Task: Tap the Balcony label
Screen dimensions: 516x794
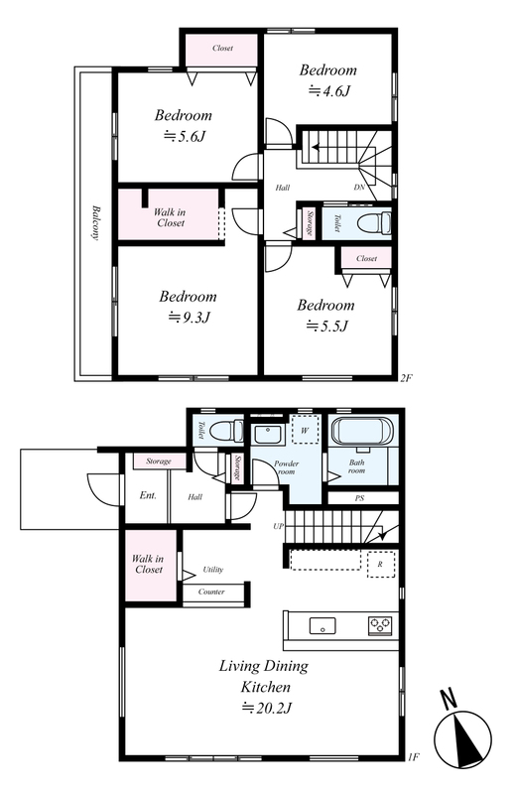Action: pyautogui.click(x=95, y=222)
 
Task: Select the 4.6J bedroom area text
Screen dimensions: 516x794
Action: pyautogui.click(x=329, y=91)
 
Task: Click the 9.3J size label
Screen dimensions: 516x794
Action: pyautogui.click(x=189, y=318)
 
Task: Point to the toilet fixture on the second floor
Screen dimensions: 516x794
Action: pyautogui.click(x=374, y=221)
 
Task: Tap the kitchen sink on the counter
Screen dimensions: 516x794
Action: pyautogui.click(x=322, y=625)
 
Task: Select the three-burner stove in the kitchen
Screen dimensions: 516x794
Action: pyautogui.click(x=380, y=625)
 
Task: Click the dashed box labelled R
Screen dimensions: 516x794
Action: pyautogui.click(x=380, y=564)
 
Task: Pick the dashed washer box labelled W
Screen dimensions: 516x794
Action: pyautogui.click(x=305, y=431)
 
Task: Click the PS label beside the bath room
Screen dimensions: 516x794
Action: pyautogui.click(x=359, y=498)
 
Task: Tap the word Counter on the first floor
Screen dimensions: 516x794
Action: pyautogui.click(x=211, y=592)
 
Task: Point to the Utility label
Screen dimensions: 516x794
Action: pyautogui.click(x=213, y=570)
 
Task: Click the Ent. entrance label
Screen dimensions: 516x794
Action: pyautogui.click(x=148, y=495)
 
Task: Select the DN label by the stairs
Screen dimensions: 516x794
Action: pyautogui.click(x=359, y=188)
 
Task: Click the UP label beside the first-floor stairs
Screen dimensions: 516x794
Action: pyautogui.click(x=279, y=527)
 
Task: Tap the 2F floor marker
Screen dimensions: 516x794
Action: pyautogui.click(x=407, y=377)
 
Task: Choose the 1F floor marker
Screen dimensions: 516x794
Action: pyautogui.click(x=413, y=757)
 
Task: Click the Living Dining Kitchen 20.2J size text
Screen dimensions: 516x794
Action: pyautogui.click(x=266, y=708)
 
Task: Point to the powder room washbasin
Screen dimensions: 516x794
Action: pyautogui.click(x=268, y=435)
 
